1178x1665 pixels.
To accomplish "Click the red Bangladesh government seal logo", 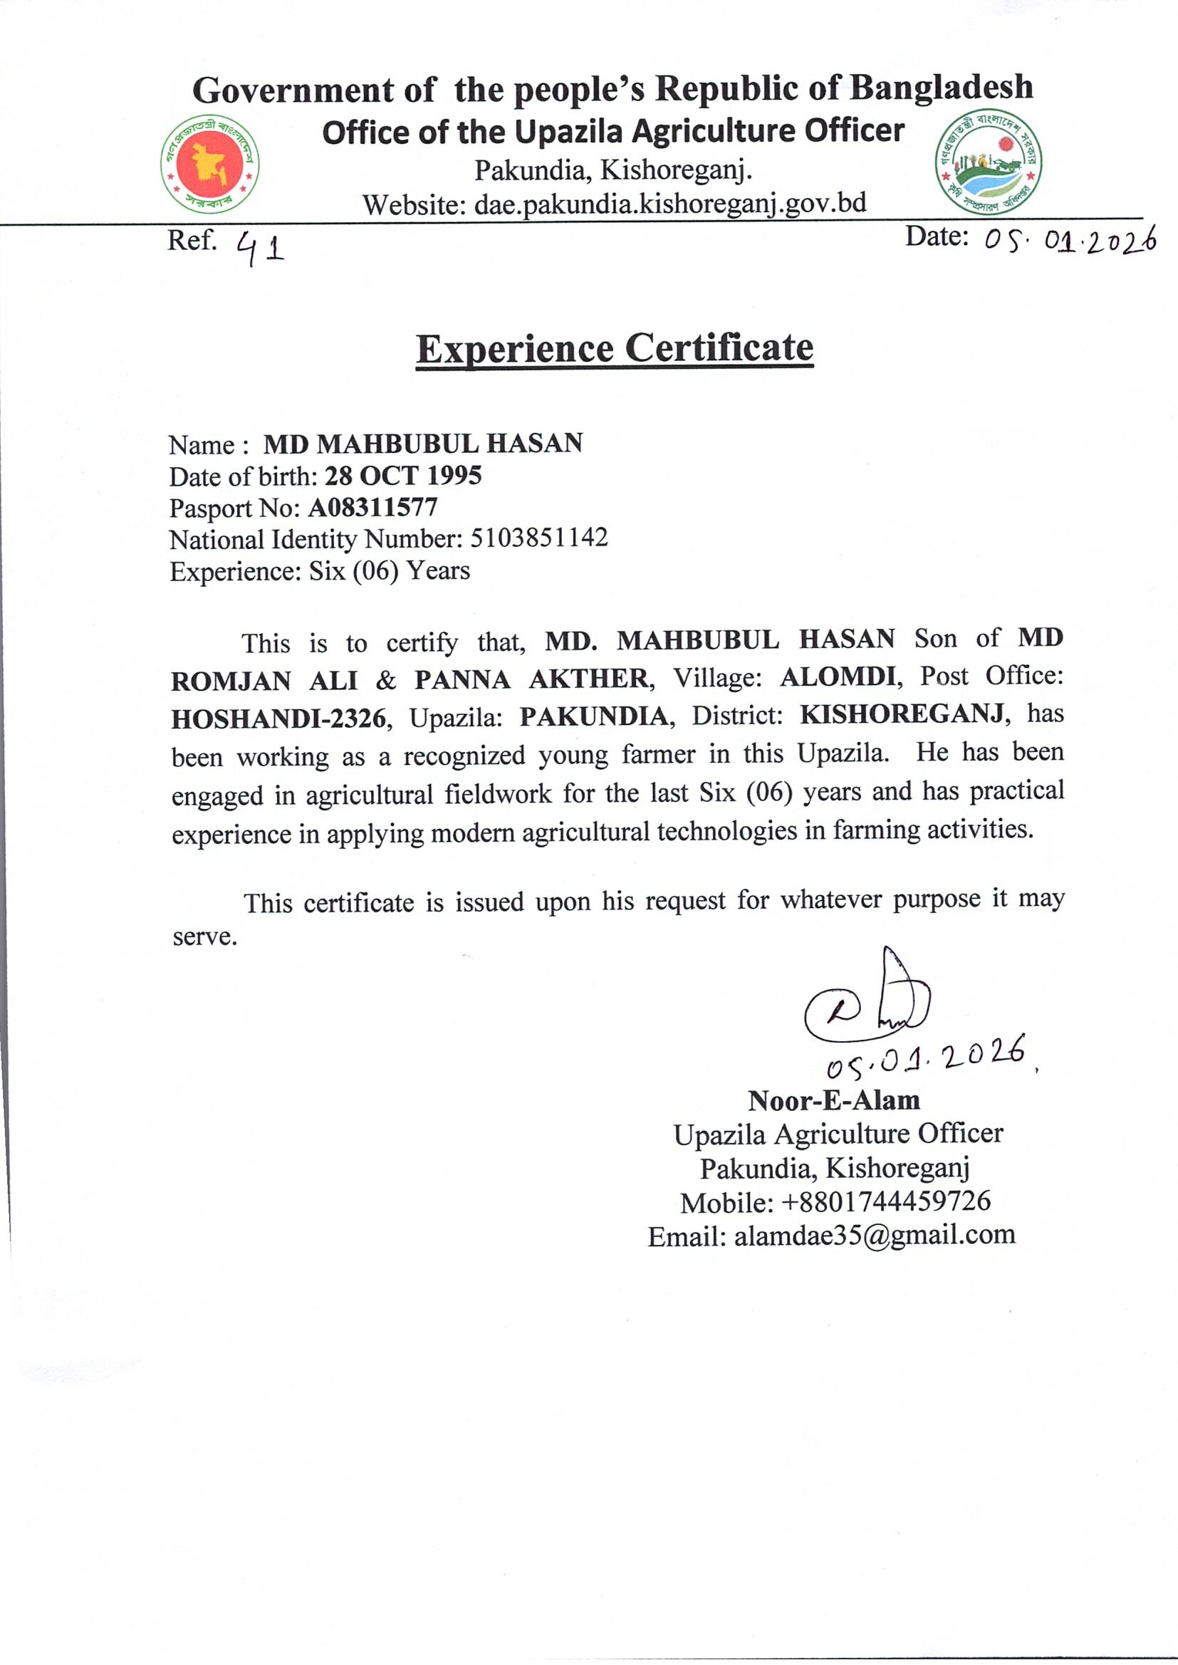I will (210, 164).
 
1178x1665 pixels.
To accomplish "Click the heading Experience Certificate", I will (615, 349).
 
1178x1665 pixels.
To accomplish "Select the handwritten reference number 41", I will (261, 249).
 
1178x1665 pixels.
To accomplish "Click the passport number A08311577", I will (372, 507).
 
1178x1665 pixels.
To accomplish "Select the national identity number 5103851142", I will (539, 538).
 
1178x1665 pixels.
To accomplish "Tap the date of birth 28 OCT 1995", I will (402, 476).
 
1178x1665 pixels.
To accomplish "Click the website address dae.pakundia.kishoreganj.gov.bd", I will (670, 204).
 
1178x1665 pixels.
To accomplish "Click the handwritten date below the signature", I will (929, 1055).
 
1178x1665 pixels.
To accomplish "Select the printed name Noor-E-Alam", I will (834, 1100).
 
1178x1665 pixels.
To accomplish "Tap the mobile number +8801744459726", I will (886, 1201).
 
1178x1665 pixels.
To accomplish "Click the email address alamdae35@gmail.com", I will (874, 1235).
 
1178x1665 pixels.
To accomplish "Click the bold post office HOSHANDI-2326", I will (278, 718).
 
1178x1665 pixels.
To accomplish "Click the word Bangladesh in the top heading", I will (941, 88).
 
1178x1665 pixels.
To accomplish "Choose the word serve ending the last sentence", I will (204, 937).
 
